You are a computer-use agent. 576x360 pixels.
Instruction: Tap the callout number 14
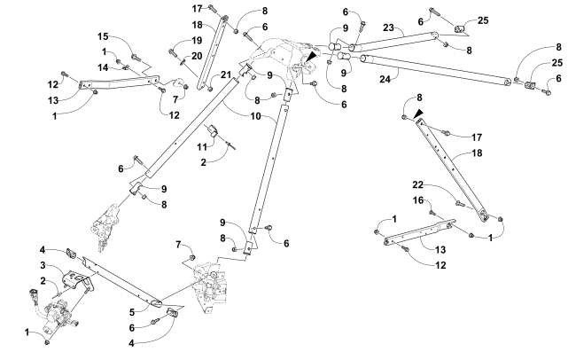(x=103, y=67)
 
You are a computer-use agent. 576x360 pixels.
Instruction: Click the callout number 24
(x=384, y=78)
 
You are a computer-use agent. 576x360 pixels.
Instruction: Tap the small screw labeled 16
(x=432, y=214)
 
